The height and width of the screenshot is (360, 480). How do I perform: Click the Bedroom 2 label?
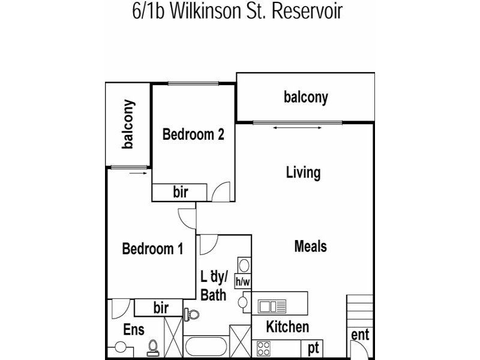coord(193,134)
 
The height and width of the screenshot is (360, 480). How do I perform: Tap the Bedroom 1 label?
coord(152,248)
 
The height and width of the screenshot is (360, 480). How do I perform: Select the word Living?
coord(304,173)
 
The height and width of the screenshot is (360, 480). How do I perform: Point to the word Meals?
coord(310,246)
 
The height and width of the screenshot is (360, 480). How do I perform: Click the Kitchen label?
coord(287,326)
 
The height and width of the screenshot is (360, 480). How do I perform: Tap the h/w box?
coord(243,281)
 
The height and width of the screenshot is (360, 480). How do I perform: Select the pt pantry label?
coord(313,349)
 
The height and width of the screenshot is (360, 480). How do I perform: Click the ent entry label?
coord(360,334)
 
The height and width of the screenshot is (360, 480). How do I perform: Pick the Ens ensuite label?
coord(133,329)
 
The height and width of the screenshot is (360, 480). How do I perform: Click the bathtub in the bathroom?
coord(206,347)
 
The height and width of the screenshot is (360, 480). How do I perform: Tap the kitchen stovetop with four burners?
coord(263,349)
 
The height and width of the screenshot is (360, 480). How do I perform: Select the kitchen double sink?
coord(272,306)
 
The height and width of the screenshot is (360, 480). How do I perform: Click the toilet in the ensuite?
coord(152,348)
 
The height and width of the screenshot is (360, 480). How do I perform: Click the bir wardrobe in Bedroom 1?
coord(158,308)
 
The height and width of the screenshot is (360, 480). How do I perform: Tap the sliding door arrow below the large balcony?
coord(297,128)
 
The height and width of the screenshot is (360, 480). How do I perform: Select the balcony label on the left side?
coord(128,124)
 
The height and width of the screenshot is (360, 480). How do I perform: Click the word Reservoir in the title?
coord(307,11)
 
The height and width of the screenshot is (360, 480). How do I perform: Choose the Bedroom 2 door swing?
coord(221,192)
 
